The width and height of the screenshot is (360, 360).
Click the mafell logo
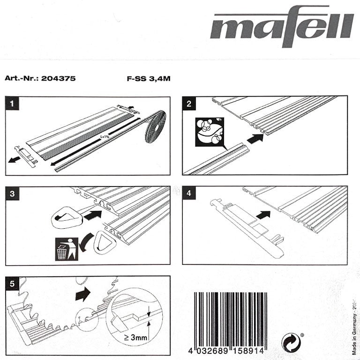(281, 27)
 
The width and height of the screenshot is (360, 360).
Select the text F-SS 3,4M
(148, 78)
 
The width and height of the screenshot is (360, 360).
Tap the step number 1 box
(13, 104)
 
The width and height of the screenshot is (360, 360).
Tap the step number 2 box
(188, 104)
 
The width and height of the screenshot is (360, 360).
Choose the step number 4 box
(188, 193)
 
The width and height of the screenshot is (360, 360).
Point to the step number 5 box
(13, 283)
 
